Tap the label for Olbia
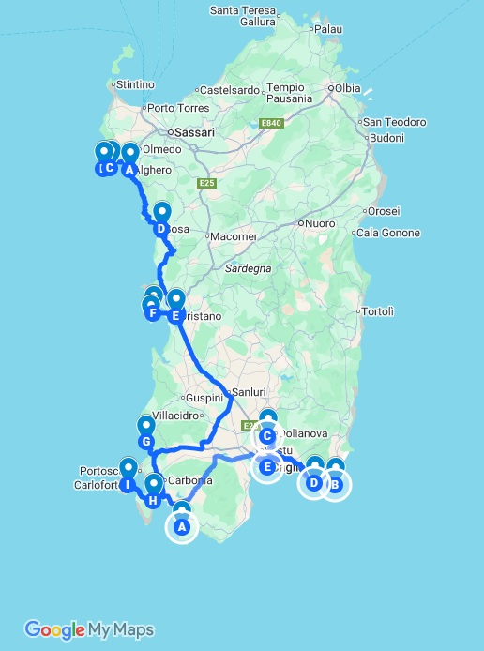coord(347,89)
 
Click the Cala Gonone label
coord(388,234)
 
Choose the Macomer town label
coord(234,236)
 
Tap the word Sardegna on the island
coord(248,268)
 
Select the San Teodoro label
coord(394,122)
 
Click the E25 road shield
coord(207,183)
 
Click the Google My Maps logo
coord(89,629)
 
